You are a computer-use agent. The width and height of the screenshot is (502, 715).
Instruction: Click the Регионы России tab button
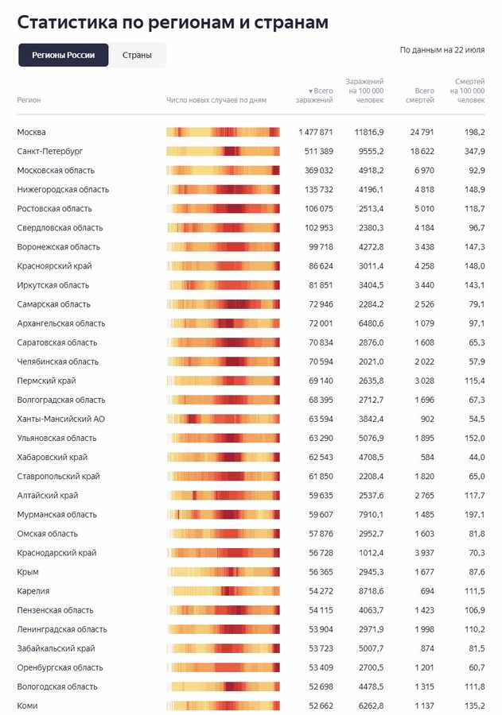64,55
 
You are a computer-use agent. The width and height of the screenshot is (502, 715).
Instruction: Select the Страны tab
137,55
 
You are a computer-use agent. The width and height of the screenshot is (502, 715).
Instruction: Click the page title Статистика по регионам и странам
173,22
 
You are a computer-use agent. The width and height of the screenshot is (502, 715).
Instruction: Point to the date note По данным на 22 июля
442,50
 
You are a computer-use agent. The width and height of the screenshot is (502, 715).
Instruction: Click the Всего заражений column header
314,95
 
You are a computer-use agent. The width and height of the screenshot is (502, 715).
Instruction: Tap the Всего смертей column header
420,95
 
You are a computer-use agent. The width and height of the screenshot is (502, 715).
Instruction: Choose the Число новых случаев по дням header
216,100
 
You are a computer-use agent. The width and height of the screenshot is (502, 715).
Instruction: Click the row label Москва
31,132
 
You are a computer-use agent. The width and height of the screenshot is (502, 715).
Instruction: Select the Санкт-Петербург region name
50,152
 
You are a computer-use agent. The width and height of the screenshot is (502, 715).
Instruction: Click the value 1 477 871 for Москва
316,132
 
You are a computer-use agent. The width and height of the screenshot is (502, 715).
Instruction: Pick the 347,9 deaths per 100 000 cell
475,152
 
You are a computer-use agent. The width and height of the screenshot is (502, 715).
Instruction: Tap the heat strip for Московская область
223,171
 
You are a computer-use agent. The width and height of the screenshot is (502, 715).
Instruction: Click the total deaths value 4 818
424,190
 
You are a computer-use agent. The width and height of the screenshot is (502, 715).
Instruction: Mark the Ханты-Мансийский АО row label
60,419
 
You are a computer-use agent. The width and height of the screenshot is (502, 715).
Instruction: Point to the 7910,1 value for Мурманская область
371,515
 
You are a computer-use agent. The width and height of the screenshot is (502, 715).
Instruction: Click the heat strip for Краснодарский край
223,553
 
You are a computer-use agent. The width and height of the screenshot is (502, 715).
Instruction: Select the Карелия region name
33,591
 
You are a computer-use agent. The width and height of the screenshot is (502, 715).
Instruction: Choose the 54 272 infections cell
321,591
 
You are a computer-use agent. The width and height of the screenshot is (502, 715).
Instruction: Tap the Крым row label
28,572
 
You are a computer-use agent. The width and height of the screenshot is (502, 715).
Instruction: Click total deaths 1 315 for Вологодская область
424,686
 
